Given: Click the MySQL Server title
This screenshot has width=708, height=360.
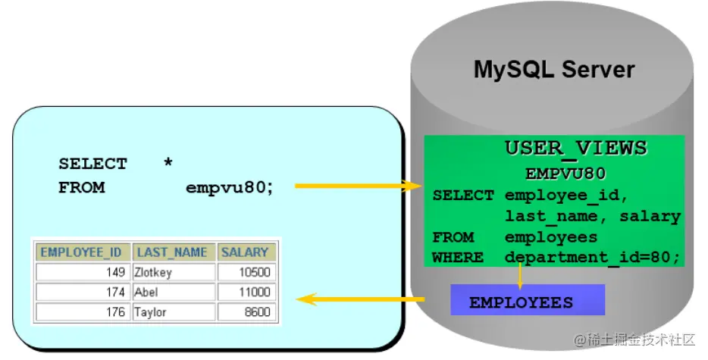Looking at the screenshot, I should [554, 70].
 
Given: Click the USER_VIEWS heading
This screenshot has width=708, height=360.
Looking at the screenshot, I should [576, 148].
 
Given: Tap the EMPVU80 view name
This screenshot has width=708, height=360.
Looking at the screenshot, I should [565, 173].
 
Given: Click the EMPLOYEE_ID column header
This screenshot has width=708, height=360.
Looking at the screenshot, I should [81, 252].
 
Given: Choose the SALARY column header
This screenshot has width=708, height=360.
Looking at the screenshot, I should [245, 252].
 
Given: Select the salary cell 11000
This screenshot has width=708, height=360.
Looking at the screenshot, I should [246, 292].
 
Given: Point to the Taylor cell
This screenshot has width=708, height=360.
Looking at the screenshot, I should [174, 311].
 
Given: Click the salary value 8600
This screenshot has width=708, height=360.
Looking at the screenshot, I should [246, 311].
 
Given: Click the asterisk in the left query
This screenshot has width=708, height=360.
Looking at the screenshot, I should [168, 163].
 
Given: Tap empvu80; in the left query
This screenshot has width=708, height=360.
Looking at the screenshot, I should [230, 187].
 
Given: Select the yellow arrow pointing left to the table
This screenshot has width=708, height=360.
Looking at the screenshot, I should [360, 299].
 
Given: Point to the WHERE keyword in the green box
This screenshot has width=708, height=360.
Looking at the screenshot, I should [457, 258].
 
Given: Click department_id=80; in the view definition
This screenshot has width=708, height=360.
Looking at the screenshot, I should [592, 258].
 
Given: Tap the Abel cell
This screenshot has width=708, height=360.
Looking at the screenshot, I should [174, 292].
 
